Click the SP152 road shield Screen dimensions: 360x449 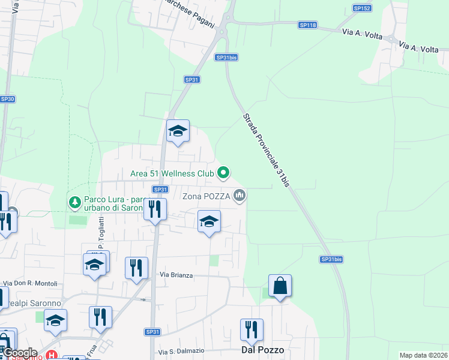(362, 8)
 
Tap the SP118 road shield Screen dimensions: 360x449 (307, 25)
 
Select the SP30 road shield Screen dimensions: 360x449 (7, 99)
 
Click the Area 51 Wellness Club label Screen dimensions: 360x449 (172, 173)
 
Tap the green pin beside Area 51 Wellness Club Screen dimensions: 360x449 (223, 173)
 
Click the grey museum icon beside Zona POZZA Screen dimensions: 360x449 (240, 195)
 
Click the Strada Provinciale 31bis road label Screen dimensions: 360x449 (267, 149)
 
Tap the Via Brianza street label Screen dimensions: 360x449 (176, 275)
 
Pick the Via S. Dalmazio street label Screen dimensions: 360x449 (181, 351)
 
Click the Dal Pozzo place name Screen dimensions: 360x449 (262, 349)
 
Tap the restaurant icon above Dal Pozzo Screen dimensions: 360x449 (251, 329)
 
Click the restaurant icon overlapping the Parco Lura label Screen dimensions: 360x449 (155, 209)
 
